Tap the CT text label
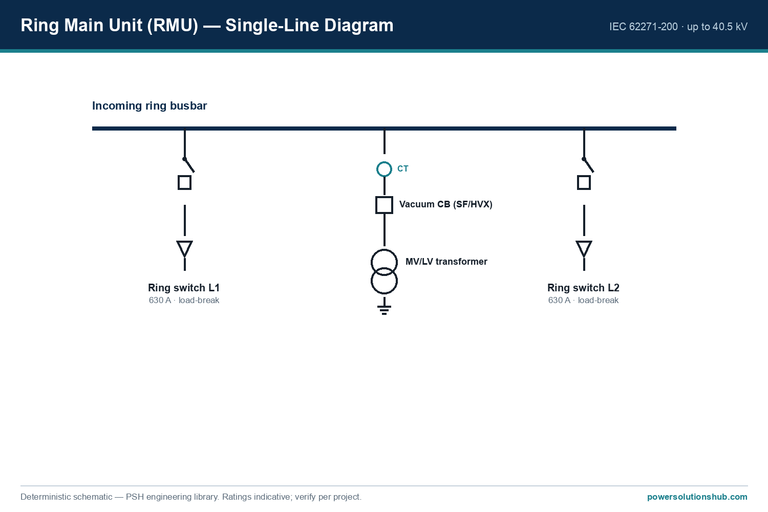(x=403, y=169)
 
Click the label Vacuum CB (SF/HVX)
(x=446, y=204)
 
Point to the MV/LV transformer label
(x=446, y=262)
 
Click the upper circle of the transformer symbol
(x=384, y=250)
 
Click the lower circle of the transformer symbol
(x=384, y=293)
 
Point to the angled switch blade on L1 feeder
(x=189, y=165)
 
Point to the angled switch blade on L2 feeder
(x=588, y=165)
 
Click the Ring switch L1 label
(x=184, y=288)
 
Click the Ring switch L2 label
(x=583, y=288)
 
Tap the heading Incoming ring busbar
(x=150, y=106)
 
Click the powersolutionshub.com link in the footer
(x=697, y=497)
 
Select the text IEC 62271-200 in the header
(x=644, y=27)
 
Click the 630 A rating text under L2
(x=559, y=301)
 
